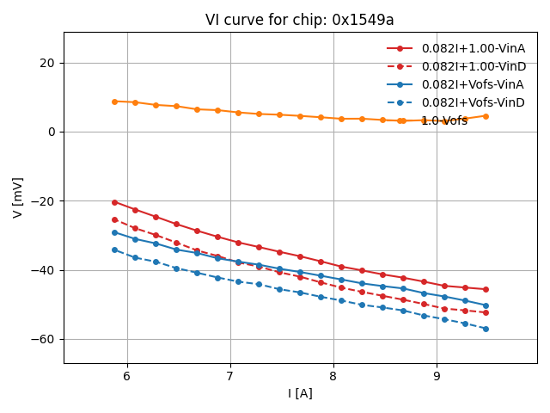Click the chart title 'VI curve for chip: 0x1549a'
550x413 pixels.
[300, 20]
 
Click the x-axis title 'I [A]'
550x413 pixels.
[300, 393]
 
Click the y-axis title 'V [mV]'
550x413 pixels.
[18, 197]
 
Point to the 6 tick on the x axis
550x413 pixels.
[127, 376]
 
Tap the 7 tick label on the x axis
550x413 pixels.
[230, 376]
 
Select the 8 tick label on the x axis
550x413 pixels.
[333, 376]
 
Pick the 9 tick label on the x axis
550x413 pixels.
[437, 376]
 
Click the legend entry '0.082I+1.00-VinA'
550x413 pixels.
[473, 48]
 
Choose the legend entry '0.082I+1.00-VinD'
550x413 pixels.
[473, 66]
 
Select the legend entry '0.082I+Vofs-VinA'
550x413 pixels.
[473, 84]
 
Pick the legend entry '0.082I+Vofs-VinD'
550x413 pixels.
[473, 102]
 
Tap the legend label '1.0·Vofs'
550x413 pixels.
[444, 120]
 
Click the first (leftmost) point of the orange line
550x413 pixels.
[114, 102]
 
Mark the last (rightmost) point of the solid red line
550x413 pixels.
[486, 289]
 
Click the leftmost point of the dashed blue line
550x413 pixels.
[114, 250]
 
